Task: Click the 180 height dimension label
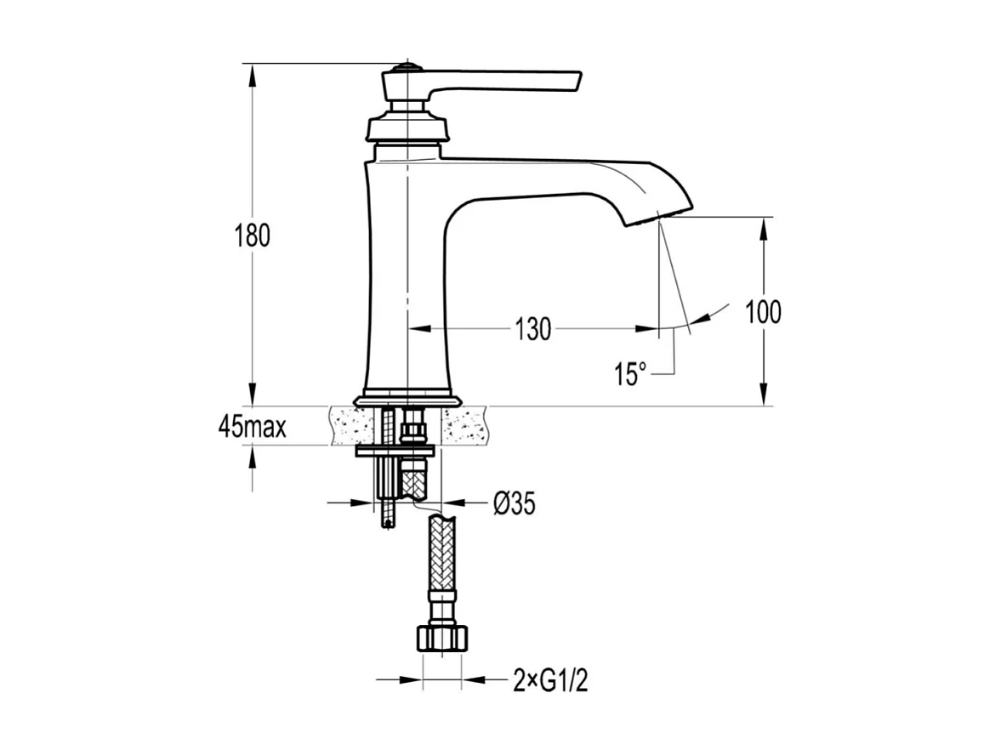tap(253, 236)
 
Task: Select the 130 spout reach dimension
tap(533, 329)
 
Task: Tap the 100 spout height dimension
tap(763, 313)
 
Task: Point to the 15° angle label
tap(630, 373)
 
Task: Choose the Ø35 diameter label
tap(514, 504)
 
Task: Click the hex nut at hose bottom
tap(443, 638)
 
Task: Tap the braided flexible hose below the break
tap(443, 561)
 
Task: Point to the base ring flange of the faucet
tap(407, 397)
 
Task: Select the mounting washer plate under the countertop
tap(396, 451)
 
